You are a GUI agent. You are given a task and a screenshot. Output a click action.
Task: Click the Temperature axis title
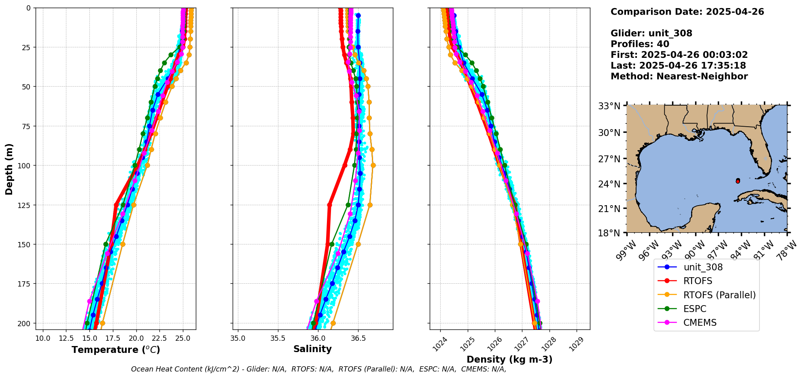point(116,350)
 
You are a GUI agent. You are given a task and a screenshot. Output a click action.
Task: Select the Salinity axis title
point(312,349)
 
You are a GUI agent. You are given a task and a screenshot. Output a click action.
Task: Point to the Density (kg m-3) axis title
point(509,359)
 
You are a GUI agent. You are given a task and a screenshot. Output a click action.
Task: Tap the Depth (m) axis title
point(9,169)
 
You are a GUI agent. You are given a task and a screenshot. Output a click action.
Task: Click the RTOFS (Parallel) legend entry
point(719,295)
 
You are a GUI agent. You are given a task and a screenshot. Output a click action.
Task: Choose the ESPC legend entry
point(694,309)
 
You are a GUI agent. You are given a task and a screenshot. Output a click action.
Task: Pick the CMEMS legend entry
point(700,323)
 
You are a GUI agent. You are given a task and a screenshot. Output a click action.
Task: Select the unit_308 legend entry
point(703,267)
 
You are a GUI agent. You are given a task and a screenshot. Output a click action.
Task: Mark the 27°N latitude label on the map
point(609,159)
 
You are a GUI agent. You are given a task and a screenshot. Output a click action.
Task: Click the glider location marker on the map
point(738,181)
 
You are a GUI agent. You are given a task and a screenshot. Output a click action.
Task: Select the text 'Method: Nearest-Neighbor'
point(679,76)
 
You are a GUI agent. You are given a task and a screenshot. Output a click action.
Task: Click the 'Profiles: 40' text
point(640,44)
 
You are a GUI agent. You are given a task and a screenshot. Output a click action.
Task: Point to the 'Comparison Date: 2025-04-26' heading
point(687,12)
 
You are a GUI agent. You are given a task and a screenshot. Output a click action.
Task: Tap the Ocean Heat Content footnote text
point(318,369)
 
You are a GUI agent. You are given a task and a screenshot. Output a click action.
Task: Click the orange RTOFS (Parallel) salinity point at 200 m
point(333,323)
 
